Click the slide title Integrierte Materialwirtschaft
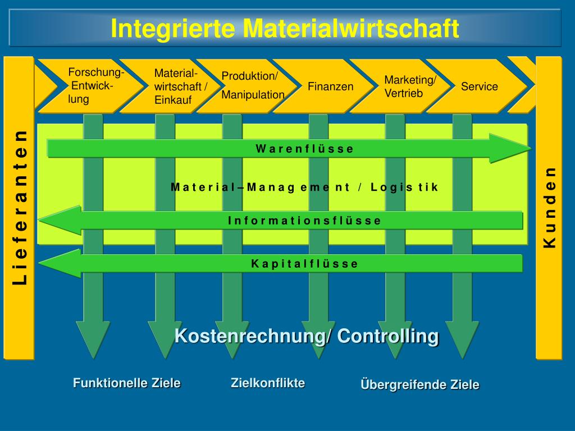[285, 28]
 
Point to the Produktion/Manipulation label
[253, 85]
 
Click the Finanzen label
[330, 86]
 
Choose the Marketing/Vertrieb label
[410, 86]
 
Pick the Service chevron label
[479, 86]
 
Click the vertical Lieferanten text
[20, 207]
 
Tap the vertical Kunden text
[550, 207]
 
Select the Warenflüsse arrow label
[305, 149]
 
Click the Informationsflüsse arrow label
[304, 221]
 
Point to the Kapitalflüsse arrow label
[304, 264]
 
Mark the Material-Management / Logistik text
[304, 187]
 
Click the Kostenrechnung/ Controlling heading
[307, 336]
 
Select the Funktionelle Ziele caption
[127, 383]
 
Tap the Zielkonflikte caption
[268, 383]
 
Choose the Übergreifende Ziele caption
[420, 385]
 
